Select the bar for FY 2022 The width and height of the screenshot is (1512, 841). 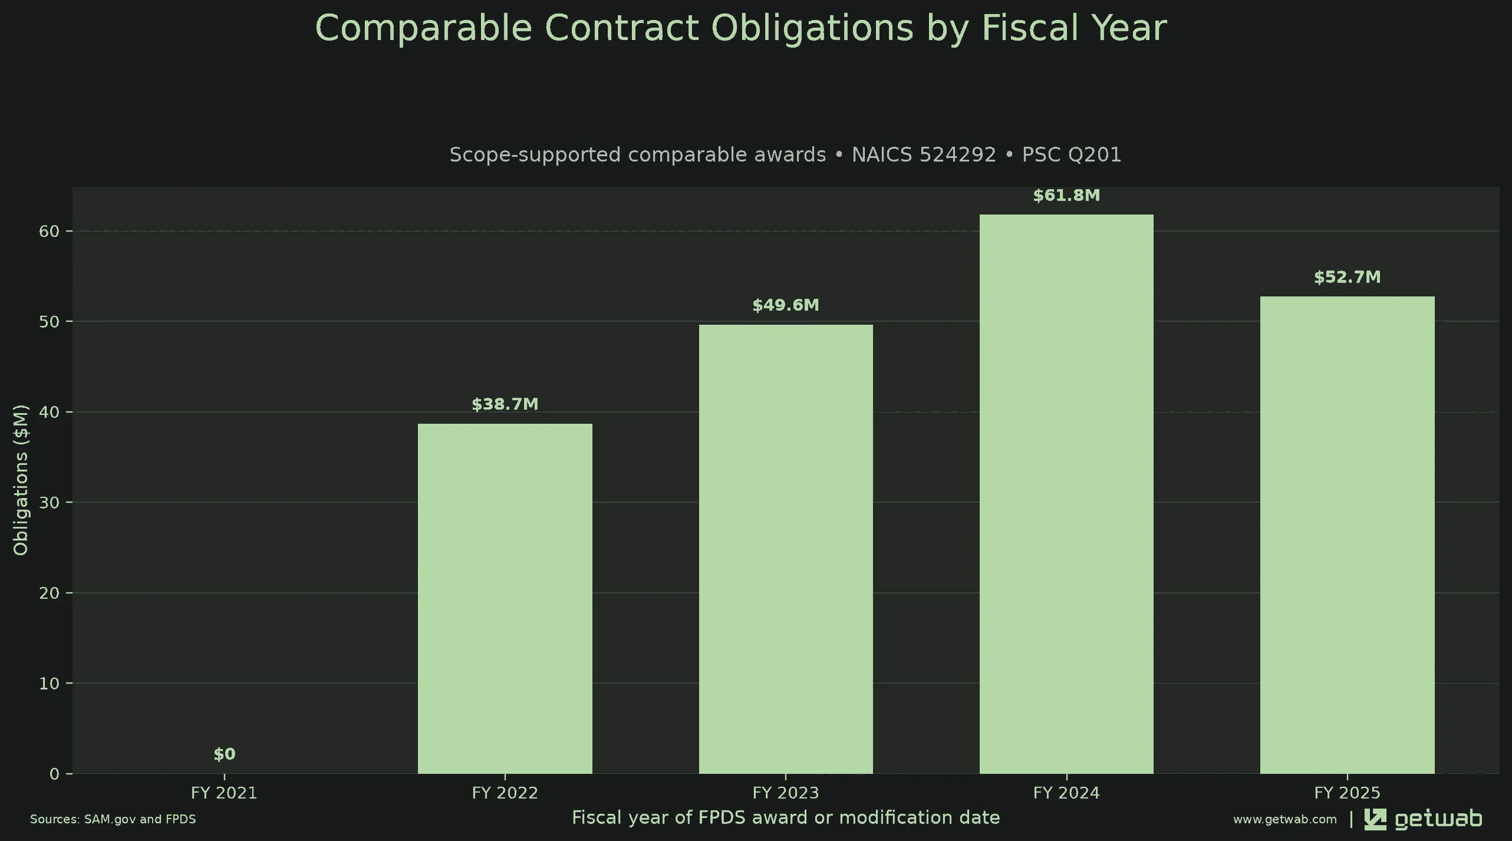tap(505, 598)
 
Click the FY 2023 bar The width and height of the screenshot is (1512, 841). tap(786, 549)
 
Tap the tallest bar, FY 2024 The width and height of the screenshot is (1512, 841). tap(1066, 494)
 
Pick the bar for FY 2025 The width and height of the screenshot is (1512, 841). tap(1348, 535)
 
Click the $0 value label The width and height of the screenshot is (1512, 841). tap(225, 754)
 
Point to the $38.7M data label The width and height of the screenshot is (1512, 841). tap(505, 404)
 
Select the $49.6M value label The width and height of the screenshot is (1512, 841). tap(786, 305)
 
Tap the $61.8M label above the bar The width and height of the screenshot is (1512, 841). tap(1066, 195)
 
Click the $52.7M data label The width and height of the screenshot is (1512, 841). tap(1348, 277)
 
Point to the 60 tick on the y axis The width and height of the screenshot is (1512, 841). tap(50, 231)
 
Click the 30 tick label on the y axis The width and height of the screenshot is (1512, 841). tap(50, 502)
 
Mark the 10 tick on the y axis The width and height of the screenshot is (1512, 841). tap(50, 683)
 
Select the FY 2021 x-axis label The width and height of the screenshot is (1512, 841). tap(225, 793)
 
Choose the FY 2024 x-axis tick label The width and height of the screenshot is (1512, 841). tap(1066, 793)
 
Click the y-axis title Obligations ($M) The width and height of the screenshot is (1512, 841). tap(21, 480)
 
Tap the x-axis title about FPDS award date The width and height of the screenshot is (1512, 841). tap(786, 817)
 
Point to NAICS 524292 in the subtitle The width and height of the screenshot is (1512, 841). tap(924, 154)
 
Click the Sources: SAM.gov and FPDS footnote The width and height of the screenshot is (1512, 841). tap(113, 819)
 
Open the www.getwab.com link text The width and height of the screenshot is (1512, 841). tap(1285, 819)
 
